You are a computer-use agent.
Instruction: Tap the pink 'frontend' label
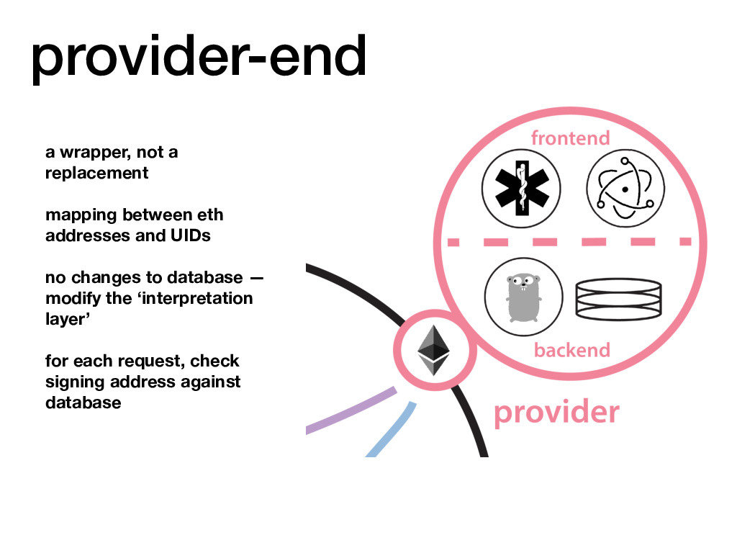[570, 138]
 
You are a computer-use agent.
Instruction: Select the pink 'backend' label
[571, 350]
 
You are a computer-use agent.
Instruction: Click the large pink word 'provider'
[556, 413]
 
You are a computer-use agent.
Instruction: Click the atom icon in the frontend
[625, 188]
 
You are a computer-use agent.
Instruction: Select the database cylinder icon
[618, 298]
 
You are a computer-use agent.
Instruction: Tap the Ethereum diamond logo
[433, 350]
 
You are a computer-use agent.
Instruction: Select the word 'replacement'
[96, 174]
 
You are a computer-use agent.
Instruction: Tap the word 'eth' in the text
[209, 215]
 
